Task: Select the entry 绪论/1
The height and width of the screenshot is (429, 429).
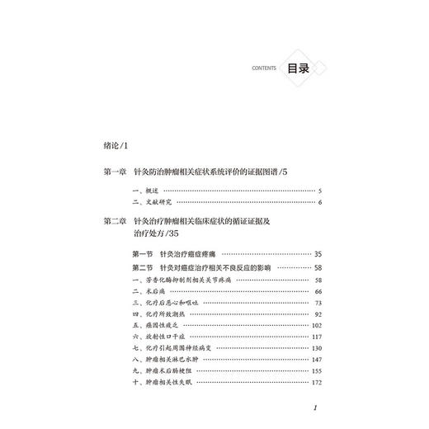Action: pos(113,145)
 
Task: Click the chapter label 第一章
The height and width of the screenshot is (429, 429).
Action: pos(113,172)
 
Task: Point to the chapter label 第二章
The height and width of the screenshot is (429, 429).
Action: pos(113,221)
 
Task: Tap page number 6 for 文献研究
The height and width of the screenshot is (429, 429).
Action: pos(318,203)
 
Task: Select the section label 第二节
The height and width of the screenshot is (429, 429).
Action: pos(144,269)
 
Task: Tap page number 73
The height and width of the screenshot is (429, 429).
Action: pos(318,304)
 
